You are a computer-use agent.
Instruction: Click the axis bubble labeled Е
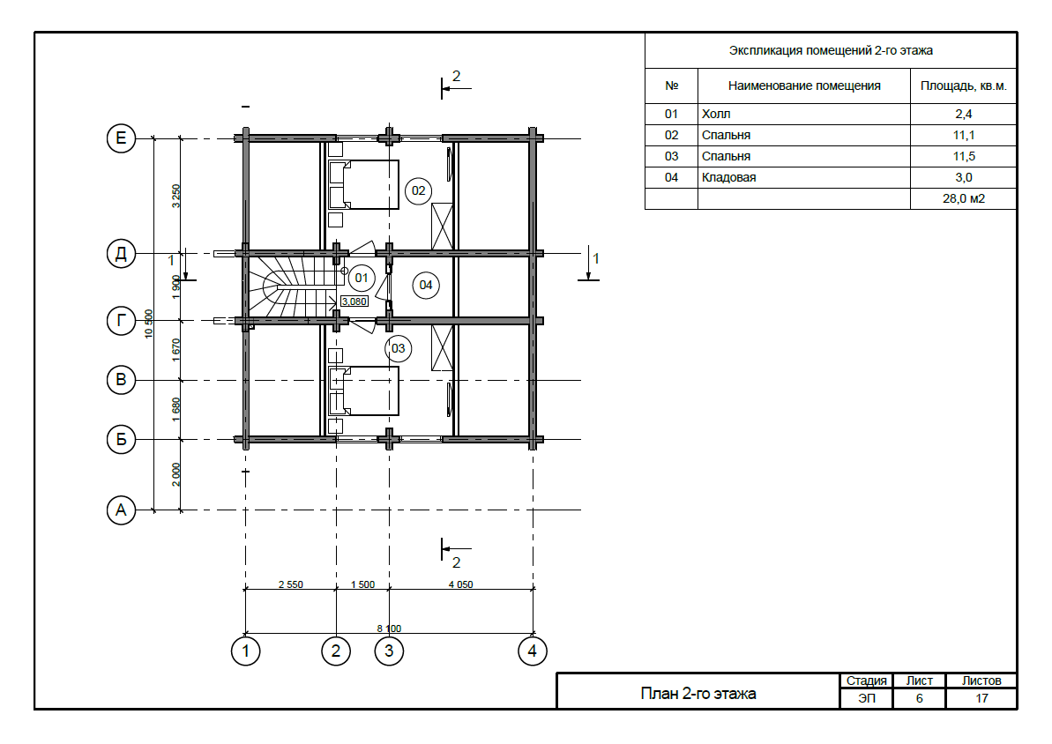click(121, 138)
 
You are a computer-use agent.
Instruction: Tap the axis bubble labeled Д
click(121, 254)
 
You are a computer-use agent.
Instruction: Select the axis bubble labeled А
click(121, 510)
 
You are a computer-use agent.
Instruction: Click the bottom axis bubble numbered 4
click(532, 651)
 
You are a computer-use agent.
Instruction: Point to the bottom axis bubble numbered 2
click(335, 651)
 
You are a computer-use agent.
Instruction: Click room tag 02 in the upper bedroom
click(418, 191)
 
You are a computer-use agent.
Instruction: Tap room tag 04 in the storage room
click(425, 285)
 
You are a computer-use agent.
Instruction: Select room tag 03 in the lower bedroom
click(398, 349)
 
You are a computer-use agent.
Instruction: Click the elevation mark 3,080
click(354, 301)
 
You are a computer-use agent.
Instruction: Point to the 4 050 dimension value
click(461, 584)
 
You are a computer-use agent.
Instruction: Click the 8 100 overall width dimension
click(389, 629)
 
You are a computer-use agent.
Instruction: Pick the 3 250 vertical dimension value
click(175, 196)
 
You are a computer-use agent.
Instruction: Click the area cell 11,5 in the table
click(964, 156)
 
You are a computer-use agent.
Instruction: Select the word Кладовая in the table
click(728, 178)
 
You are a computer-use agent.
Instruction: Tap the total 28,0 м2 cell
click(964, 198)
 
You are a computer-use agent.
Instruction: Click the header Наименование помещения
click(803, 86)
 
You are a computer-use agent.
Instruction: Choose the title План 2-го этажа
click(698, 694)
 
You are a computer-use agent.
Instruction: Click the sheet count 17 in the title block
click(981, 698)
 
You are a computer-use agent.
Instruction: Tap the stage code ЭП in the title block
click(867, 698)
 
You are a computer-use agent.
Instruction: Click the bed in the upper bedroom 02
click(363, 184)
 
